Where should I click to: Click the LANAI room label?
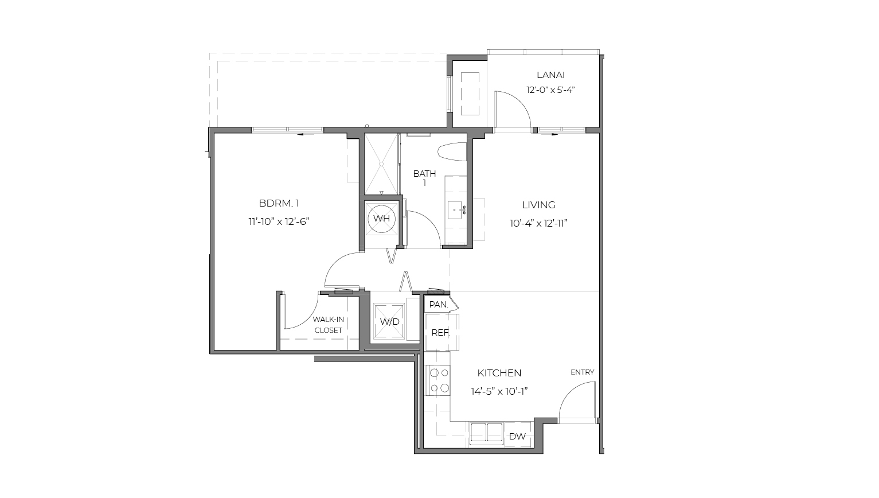tap(550, 75)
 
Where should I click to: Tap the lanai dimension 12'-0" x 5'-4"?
tap(550, 90)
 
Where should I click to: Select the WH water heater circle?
tap(381, 219)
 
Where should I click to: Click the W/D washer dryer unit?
tap(389, 322)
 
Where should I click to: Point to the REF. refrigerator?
tap(440, 333)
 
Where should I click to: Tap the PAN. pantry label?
tap(439, 305)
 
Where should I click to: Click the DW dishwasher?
tap(517, 437)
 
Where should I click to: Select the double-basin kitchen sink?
tap(486, 433)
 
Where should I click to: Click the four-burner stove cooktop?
tap(439, 380)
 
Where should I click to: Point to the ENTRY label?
tap(582, 372)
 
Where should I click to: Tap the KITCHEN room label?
tap(499, 373)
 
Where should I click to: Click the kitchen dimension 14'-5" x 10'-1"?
tap(499, 391)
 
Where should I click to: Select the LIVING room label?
tap(538, 205)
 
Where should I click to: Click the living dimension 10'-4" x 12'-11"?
tap(538, 223)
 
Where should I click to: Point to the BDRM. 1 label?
tap(279, 203)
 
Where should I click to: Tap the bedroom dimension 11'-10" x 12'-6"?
tap(279, 221)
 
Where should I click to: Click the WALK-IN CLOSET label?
tap(328, 325)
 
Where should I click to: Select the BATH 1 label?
tap(424, 178)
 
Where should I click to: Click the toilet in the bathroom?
tap(453, 151)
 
